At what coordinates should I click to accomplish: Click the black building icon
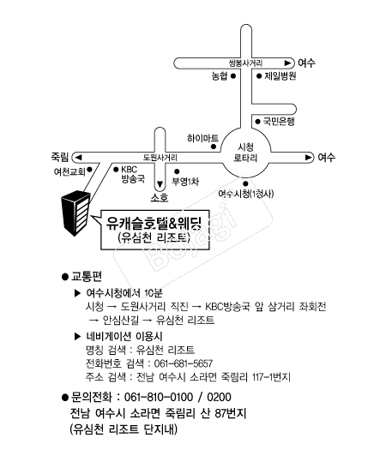(76, 213)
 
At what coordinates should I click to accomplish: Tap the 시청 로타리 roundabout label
(245, 153)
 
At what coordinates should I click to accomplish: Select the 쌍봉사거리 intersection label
(245, 63)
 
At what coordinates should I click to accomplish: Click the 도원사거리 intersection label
(160, 158)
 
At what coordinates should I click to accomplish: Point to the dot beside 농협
(233, 76)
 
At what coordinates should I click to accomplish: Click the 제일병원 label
(280, 76)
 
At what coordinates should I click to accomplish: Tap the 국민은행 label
(279, 121)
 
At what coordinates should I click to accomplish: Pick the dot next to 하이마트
(214, 147)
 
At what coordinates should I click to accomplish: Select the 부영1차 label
(185, 182)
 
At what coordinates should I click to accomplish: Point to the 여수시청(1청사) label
(246, 194)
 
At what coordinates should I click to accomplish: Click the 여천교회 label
(69, 171)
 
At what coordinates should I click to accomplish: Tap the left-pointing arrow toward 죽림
(78, 158)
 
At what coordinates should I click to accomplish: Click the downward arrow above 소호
(160, 184)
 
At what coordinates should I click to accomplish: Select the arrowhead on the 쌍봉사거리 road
(287, 63)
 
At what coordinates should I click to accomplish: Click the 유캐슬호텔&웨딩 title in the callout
(154, 223)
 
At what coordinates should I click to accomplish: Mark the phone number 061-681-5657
(184, 363)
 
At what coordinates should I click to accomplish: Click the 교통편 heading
(87, 276)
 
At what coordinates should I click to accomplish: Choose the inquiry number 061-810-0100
(159, 397)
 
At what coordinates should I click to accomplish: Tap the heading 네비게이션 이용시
(124, 336)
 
